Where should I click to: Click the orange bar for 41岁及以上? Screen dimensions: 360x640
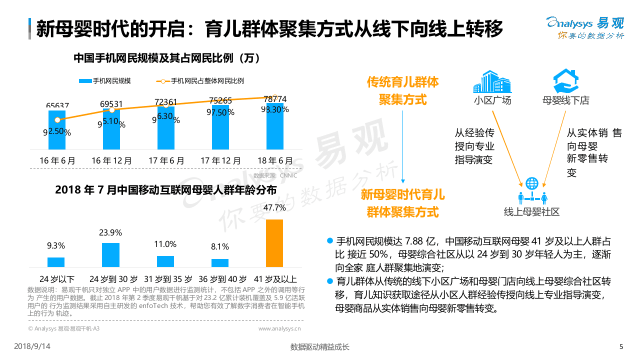pyautogui.click(x=274, y=243)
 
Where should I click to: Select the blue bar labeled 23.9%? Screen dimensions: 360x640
pyautogui.click(x=110, y=254)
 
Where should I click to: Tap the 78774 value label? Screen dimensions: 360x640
pyautogui.click(x=275, y=99)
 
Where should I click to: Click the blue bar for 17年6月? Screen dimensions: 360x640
pyautogui.click(x=165, y=128)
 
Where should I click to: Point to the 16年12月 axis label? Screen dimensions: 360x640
pyautogui.click(x=112, y=161)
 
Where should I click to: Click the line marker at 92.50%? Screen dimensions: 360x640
pyautogui.click(x=57, y=120)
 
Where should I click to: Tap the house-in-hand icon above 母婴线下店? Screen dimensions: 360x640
pyautogui.click(x=565, y=81)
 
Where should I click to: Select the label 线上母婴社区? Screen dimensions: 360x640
pyautogui.click(x=531, y=211)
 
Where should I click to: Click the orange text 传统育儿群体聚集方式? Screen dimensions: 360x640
pyautogui.click(x=402, y=90)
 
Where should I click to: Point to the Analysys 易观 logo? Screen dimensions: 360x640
pyautogui.click(x=585, y=28)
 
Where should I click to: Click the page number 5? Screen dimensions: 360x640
pyautogui.click(x=621, y=347)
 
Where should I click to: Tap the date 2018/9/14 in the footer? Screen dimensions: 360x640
pyautogui.click(x=32, y=346)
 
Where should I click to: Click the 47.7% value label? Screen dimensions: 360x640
pyautogui.click(x=274, y=207)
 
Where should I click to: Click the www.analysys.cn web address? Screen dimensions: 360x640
pyautogui.click(x=279, y=328)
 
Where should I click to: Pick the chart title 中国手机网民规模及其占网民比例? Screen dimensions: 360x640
pyautogui.click(x=166, y=58)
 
